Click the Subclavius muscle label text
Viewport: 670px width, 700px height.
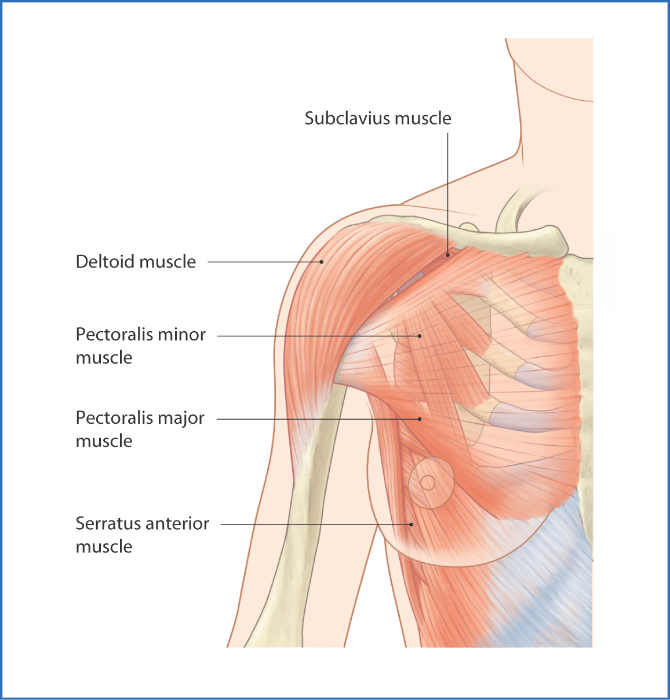pos(378,118)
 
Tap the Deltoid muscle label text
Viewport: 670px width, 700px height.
pos(136,262)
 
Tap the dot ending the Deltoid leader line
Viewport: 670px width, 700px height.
pos(322,262)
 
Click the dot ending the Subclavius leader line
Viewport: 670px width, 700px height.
pos(448,255)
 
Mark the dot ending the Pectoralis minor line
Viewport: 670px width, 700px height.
pos(420,336)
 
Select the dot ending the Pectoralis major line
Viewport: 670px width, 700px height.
pos(420,419)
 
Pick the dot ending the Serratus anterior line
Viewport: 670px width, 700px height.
pos(411,525)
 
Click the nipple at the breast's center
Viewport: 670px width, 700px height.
pos(428,483)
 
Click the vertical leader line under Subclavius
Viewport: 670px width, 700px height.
pos(448,193)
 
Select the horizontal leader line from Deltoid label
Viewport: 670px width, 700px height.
pos(264,262)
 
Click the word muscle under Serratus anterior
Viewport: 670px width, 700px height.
pos(104,547)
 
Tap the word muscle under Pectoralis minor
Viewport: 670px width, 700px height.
pos(104,358)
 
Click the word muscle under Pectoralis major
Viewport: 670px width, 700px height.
pos(104,441)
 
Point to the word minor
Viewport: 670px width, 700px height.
pos(182,335)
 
